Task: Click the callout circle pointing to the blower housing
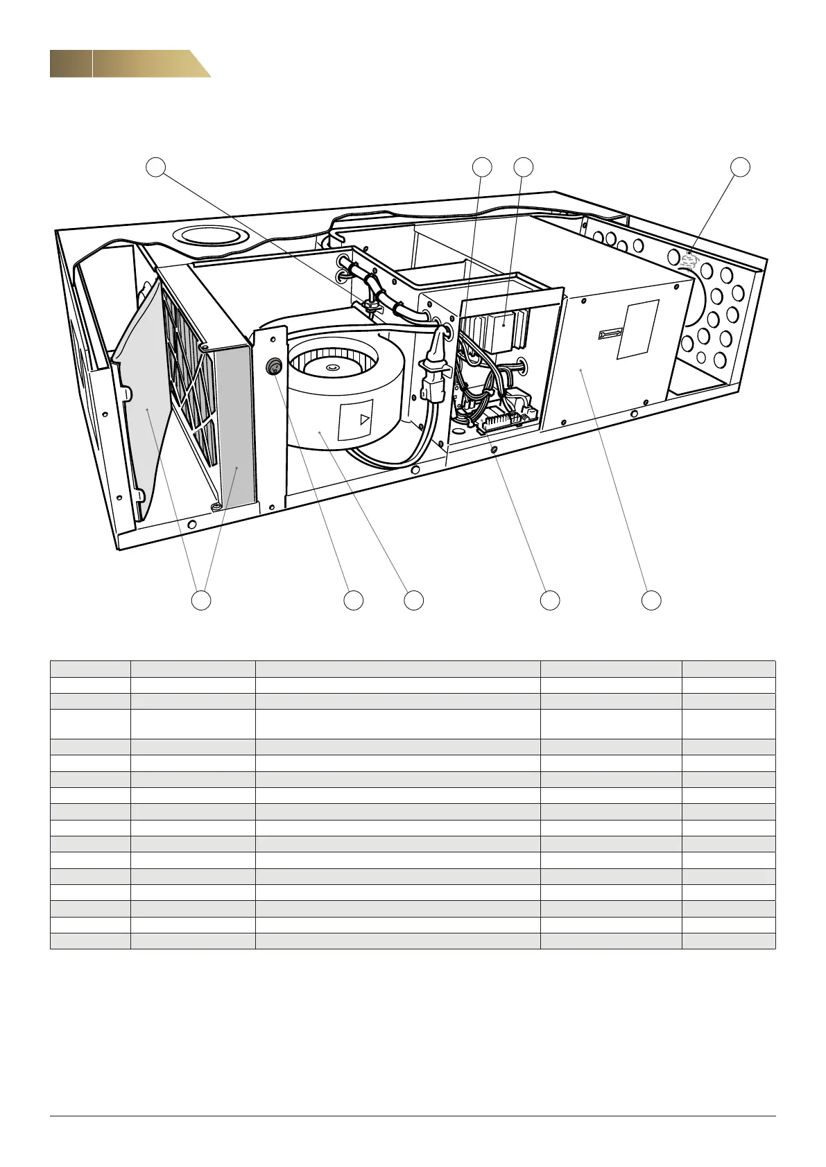pos(414,600)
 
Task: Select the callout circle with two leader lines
pos(201,600)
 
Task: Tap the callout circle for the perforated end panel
pos(741,166)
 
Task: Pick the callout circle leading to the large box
pos(651,600)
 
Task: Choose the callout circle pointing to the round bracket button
pos(354,600)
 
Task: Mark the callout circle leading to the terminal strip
pos(550,600)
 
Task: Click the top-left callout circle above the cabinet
pos(157,166)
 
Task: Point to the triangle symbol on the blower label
pos(363,419)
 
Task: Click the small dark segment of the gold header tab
pos(71,64)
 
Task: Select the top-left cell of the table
pos(90,669)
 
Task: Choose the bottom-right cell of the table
pos(728,940)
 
